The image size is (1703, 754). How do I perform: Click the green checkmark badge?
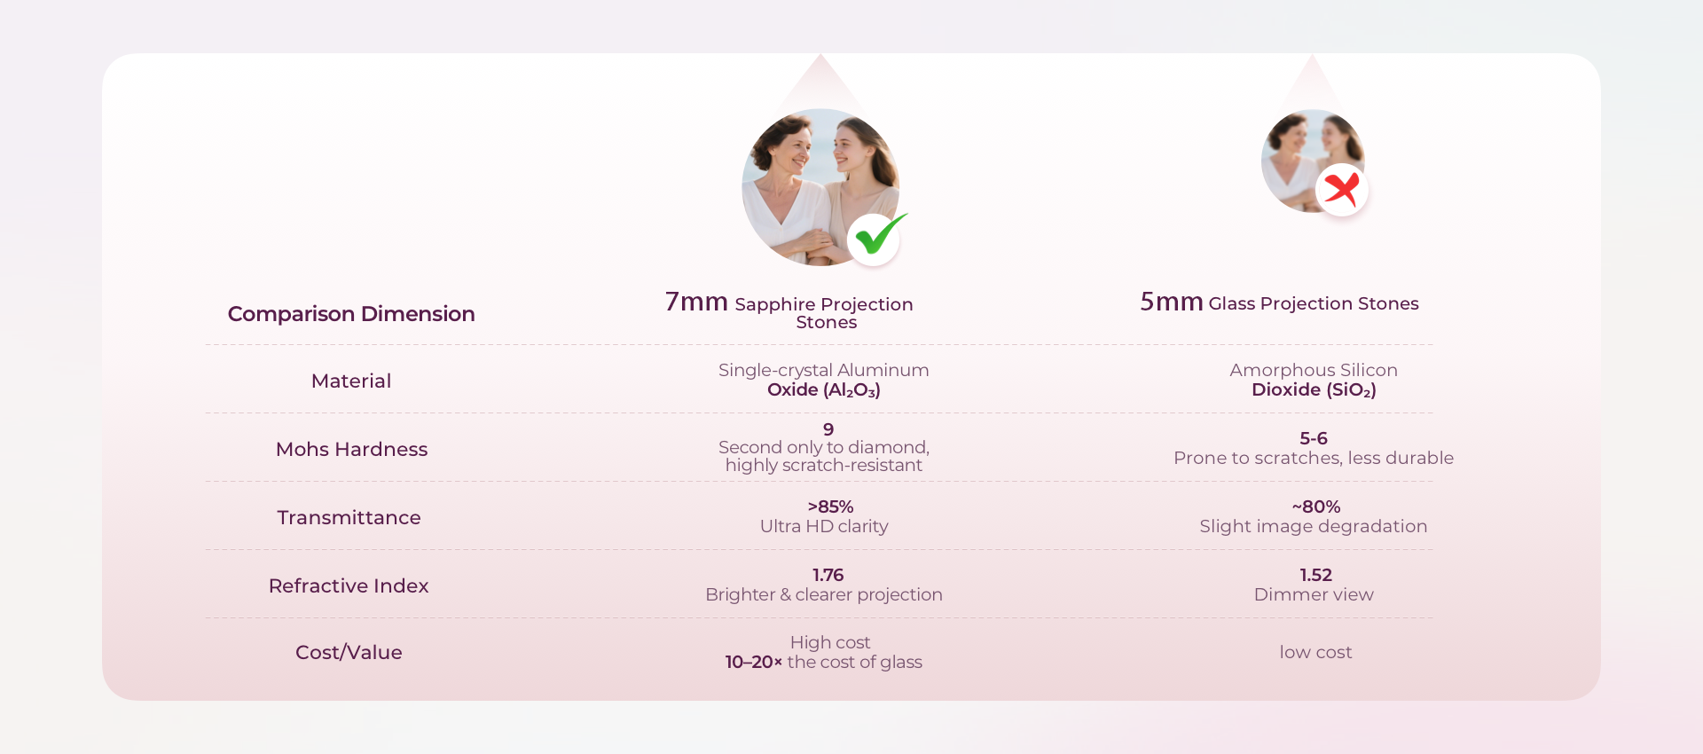point(875,239)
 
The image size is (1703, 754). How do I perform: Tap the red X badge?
point(1342,189)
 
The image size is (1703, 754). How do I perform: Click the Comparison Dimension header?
point(351,314)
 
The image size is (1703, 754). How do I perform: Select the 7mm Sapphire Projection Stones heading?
point(789,310)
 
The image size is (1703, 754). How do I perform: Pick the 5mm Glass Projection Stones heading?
point(1279,302)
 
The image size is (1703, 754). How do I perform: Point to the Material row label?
point(351,381)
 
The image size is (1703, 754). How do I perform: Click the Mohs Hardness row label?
point(351,449)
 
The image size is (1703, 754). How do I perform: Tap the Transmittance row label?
point(349,517)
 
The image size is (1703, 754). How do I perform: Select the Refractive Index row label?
point(349,585)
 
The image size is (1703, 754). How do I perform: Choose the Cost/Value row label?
point(349,652)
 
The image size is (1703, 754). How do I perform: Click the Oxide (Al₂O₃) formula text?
point(824,390)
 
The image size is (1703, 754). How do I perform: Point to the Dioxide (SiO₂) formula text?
point(1314,390)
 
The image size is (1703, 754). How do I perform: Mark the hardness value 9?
point(828,429)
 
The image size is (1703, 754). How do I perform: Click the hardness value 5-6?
point(1314,438)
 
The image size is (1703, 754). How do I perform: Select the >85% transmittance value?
point(830,507)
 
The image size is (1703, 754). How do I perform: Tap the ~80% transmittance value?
point(1316,507)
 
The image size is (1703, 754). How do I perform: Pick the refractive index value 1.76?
point(828,575)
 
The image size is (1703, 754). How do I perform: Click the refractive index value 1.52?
point(1316,575)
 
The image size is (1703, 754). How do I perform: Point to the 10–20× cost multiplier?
point(754,662)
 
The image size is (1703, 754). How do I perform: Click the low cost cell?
point(1315,652)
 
